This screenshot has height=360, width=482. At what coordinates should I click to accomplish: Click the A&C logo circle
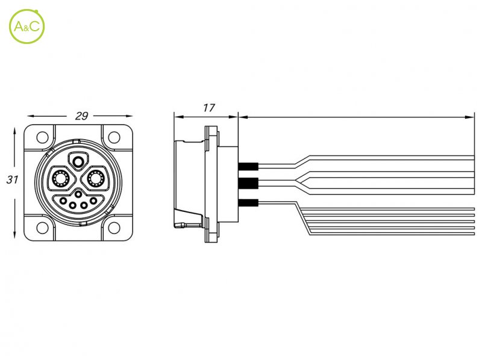27,9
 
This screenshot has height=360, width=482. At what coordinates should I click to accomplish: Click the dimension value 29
81,116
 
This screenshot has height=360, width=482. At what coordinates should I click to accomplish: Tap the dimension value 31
12,179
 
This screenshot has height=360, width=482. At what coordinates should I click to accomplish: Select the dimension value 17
208,108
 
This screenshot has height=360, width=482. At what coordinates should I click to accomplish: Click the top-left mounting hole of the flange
42,137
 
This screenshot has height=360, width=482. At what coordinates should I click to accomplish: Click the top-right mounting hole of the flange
114,137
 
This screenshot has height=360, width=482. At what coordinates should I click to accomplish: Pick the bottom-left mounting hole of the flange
42,228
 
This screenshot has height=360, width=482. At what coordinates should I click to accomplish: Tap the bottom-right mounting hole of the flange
114,228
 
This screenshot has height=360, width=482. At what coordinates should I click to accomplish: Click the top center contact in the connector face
78,161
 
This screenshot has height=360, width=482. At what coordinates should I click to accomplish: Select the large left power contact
61,178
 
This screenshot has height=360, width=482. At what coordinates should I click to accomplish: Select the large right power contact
96,178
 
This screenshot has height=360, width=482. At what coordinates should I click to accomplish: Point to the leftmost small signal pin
63,201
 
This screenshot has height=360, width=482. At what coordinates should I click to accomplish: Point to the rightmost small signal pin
93,201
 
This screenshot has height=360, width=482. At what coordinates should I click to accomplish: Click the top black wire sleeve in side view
248,166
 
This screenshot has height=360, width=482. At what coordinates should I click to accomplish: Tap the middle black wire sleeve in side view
248,184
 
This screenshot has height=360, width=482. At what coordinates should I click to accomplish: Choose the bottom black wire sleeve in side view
248,203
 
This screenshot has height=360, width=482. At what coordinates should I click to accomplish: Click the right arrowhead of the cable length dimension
470,117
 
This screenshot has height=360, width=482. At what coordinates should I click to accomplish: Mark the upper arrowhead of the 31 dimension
14,132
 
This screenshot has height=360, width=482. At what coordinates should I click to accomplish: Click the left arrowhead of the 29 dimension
33,116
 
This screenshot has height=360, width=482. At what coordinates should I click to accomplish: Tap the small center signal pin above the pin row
78,194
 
